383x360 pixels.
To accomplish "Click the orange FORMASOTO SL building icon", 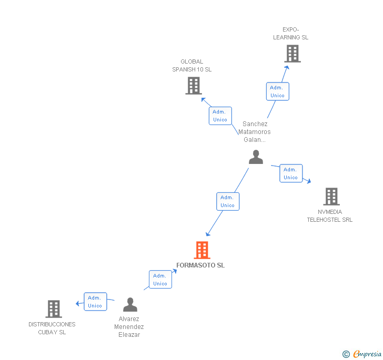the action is click(x=202, y=250).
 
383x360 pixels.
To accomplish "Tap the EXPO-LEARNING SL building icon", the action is click(x=293, y=54).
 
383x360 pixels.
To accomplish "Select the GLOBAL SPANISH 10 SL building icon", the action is click(x=194, y=86).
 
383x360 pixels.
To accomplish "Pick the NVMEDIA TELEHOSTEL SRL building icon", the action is click(x=331, y=196).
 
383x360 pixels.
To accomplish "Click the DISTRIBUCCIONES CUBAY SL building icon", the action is click(x=54, y=308).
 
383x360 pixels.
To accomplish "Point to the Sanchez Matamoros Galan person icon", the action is click(x=256, y=157).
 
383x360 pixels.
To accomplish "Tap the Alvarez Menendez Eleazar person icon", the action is click(x=130, y=304).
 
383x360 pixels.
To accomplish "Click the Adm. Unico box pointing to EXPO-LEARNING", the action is click(x=277, y=91).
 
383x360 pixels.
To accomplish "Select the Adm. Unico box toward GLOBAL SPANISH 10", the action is click(x=220, y=116).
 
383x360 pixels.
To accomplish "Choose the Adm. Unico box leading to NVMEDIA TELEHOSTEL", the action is click(x=291, y=173).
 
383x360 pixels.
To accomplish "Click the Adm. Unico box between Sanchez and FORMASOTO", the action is click(x=228, y=201).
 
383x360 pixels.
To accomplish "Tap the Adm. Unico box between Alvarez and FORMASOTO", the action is click(x=160, y=279).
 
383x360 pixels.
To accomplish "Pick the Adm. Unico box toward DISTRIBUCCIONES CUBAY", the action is click(x=95, y=302).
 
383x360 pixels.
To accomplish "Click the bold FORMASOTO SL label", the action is click(x=200, y=265).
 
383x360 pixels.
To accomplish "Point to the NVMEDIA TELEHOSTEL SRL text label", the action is click(x=329, y=216).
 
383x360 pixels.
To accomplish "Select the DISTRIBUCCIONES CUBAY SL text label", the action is click(x=52, y=328).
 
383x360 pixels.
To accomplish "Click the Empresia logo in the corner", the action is click(x=362, y=354).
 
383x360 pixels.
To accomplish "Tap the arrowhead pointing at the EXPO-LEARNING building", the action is click(x=287, y=68).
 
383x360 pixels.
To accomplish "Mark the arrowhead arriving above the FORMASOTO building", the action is click(x=208, y=234).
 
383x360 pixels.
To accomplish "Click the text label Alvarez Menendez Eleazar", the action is click(x=129, y=327).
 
